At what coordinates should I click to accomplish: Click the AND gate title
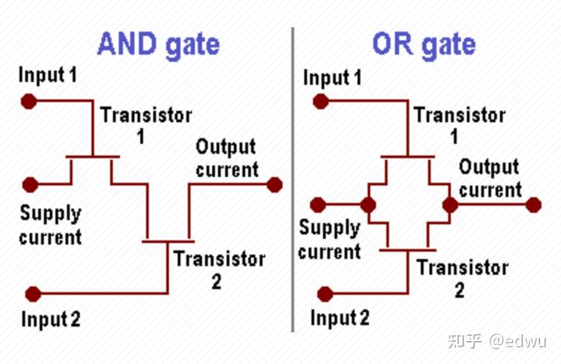click(x=158, y=45)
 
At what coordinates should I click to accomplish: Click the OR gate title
click(x=424, y=45)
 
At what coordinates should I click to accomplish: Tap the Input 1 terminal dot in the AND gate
click(x=29, y=101)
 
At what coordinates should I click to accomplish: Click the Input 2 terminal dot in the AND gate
click(x=33, y=294)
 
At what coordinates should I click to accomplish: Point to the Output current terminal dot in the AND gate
click(x=274, y=185)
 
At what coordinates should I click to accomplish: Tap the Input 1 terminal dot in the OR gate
click(x=321, y=101)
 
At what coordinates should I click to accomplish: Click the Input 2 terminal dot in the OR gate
click(x=325, y=294)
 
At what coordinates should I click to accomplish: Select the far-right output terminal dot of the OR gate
click(x=533, y=205)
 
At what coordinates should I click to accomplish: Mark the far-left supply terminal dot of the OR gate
click(x=317, y=205)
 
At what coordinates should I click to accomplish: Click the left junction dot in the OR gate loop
click(x=368, y=205)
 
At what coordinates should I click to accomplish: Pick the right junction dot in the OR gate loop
click(x=450, y=205)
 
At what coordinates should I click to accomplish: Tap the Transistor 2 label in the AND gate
click(x=219, y=269)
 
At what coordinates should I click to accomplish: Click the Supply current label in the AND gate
click(x=50, y=224)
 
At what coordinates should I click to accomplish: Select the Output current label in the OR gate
click(x=489, y=178)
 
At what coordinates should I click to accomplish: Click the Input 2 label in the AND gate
click(x=51, y=319)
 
